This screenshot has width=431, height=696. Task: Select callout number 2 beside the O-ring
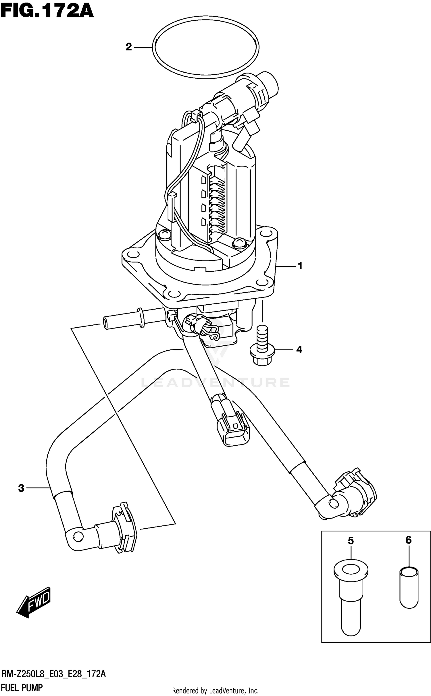[x=128, y=47]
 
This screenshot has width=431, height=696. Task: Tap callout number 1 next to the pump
[x=300, y=266]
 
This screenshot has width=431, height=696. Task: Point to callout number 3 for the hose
[x=21, y=488]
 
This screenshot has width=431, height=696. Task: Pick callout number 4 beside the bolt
[x=299, y=350]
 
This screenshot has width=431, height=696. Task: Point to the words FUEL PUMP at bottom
[x=22, y=688]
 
